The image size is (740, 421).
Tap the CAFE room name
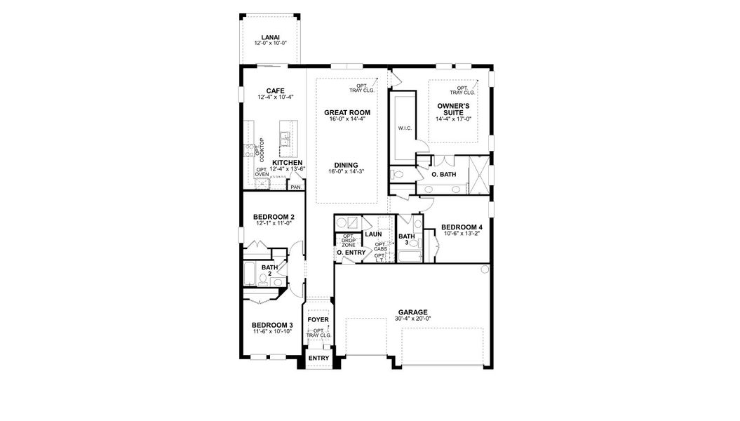274,91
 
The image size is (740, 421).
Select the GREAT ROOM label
347,112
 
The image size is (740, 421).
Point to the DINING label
347,165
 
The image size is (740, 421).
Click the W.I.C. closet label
404,128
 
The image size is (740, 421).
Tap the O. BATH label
444,173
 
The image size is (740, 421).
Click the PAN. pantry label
296,187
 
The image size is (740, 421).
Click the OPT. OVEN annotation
262,172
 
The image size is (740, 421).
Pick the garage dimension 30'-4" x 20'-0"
412,319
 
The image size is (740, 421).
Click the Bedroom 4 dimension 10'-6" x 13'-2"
461,234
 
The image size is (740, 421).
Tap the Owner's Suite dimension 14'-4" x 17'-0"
454,119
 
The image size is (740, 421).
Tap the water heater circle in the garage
484,270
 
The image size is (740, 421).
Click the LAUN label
372,234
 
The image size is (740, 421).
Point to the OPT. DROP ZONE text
348,240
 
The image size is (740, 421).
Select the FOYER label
318,320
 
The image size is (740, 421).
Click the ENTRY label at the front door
318,358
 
